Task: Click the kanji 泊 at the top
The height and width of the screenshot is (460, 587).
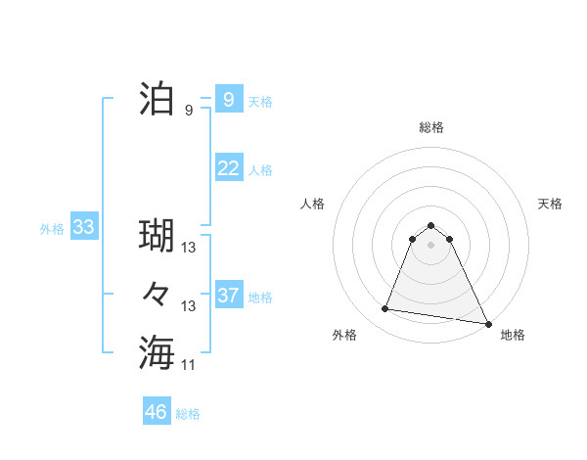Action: (158, 100)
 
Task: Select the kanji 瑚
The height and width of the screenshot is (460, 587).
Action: (158, 236)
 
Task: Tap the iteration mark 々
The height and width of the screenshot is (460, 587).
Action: (158, 294)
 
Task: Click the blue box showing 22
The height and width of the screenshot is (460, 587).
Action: (228, 168)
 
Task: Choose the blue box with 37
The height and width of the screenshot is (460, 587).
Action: (228, 296)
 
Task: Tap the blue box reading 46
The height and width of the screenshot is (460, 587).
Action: (157, 412)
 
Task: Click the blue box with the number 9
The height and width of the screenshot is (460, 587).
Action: (228, 99)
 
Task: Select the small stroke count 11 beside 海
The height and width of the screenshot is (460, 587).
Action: (189, 364)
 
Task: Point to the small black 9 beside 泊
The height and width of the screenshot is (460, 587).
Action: (189, 111)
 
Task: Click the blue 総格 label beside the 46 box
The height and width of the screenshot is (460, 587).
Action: (188, 414)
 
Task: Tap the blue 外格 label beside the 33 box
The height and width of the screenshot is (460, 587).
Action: (52, 229)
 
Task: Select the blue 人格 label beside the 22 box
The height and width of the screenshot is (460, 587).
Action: (260, 170)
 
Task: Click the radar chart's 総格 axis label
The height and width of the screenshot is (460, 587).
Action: (431, 127)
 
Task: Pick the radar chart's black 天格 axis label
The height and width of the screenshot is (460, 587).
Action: (550, 204)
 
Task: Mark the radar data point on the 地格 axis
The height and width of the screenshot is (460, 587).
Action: (487, 322)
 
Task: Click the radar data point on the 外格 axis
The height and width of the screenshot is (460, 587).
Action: (385, 309)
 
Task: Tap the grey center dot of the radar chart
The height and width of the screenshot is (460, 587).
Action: (431, 258)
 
